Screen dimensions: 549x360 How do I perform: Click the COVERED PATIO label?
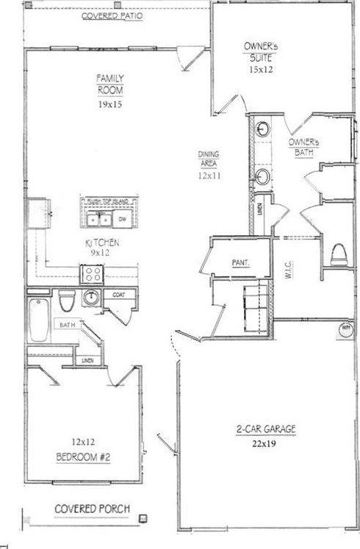pyautogui.click(x=113, y=16)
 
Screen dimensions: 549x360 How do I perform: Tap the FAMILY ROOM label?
pyautogui.click(x=109, y=84)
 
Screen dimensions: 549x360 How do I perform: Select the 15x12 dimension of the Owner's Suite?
pyautogui.click(x=261, y=70)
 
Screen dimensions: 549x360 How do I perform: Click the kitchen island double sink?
pyautogui.click(x=98, y=218)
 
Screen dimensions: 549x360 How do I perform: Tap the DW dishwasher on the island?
pyautogui.click(x=123, y=218)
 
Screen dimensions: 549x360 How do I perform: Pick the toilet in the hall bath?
pyautogui.click(x=65, y=301)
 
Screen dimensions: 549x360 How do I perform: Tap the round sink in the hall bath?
pyautogui.click(x=92, y=298)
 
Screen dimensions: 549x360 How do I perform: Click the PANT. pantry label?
pyautogui.click(x=237, y=262)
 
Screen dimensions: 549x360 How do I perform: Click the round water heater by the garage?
pyautogui.click(x=345, y=330)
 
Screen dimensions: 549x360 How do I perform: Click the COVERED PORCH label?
pyautogui.click(x=92, y=508)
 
